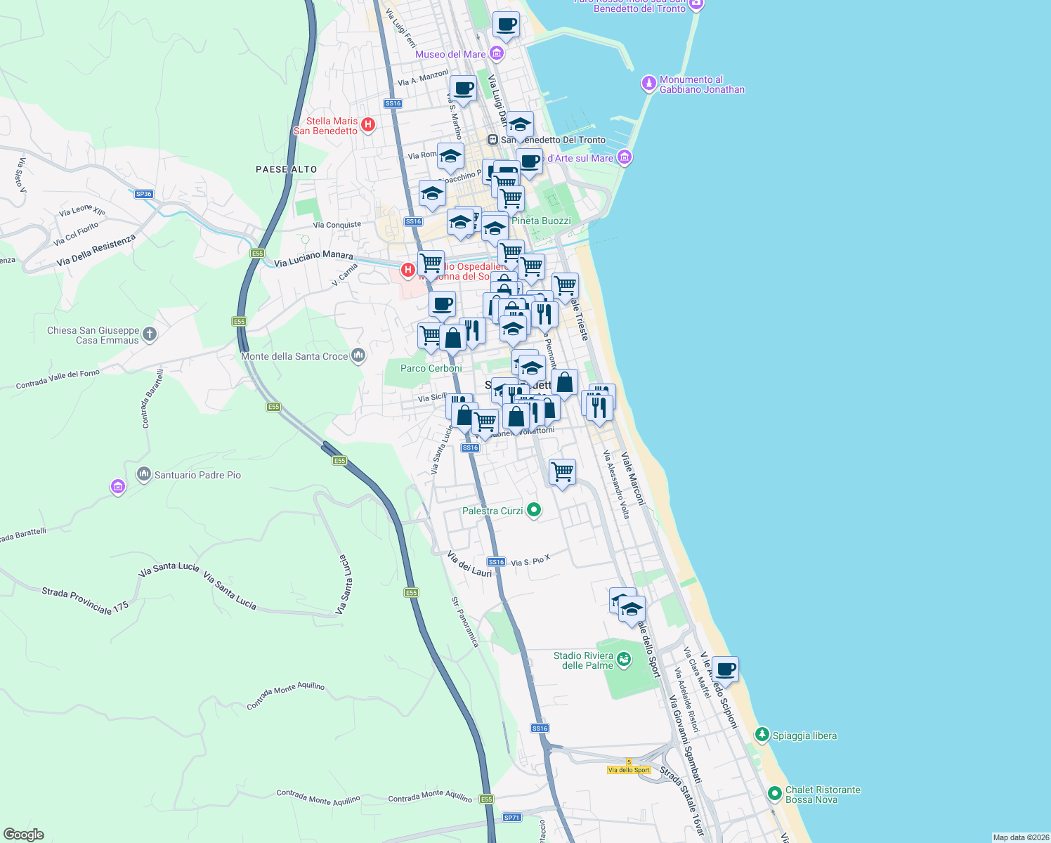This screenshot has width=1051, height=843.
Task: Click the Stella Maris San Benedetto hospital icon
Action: point(367,125)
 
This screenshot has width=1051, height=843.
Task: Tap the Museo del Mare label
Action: point(450,54)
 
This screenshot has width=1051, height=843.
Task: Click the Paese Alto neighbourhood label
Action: point(286,169)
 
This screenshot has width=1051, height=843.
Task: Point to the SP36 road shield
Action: point(143,194)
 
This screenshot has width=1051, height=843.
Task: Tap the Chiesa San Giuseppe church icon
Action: point(150,334)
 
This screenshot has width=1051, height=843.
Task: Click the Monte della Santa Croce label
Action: point(294,356)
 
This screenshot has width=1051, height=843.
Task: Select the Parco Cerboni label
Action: point(431,368)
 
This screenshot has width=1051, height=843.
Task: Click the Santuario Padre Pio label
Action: point(197,475)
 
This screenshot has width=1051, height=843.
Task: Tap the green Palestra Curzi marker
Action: point(534,510)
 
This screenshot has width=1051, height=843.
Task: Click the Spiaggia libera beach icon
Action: point(762,735)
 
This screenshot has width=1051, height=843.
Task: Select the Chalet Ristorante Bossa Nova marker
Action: point(775,794)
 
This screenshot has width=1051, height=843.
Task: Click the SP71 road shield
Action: point(512,817)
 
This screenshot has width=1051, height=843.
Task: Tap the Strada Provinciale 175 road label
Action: point(86,601)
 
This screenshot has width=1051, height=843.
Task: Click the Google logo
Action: point(24,835)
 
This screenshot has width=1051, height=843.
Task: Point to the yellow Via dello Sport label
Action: point(629,770)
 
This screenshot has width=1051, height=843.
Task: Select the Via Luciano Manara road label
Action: point(313,259)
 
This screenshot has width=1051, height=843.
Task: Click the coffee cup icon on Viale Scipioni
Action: point(725,670)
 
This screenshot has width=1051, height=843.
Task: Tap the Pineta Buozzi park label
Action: point(541,221)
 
